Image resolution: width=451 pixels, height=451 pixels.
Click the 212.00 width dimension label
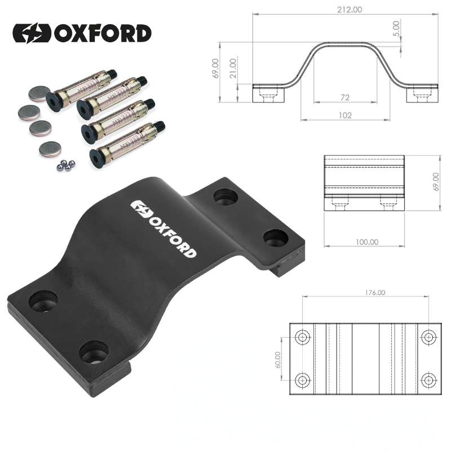point(350,10)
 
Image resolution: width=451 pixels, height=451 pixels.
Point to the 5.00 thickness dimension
point(396,29)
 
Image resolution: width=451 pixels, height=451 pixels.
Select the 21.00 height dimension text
point(233,68)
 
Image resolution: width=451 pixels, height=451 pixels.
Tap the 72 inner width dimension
point(345,98)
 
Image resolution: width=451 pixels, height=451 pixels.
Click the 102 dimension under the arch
point(345,116)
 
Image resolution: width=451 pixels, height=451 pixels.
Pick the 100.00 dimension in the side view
point(367,242)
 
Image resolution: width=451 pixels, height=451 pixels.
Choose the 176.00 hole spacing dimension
point(375,293)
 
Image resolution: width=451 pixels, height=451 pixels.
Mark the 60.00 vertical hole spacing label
point(278,360)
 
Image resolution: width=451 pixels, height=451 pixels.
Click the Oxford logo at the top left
point(82,33)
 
